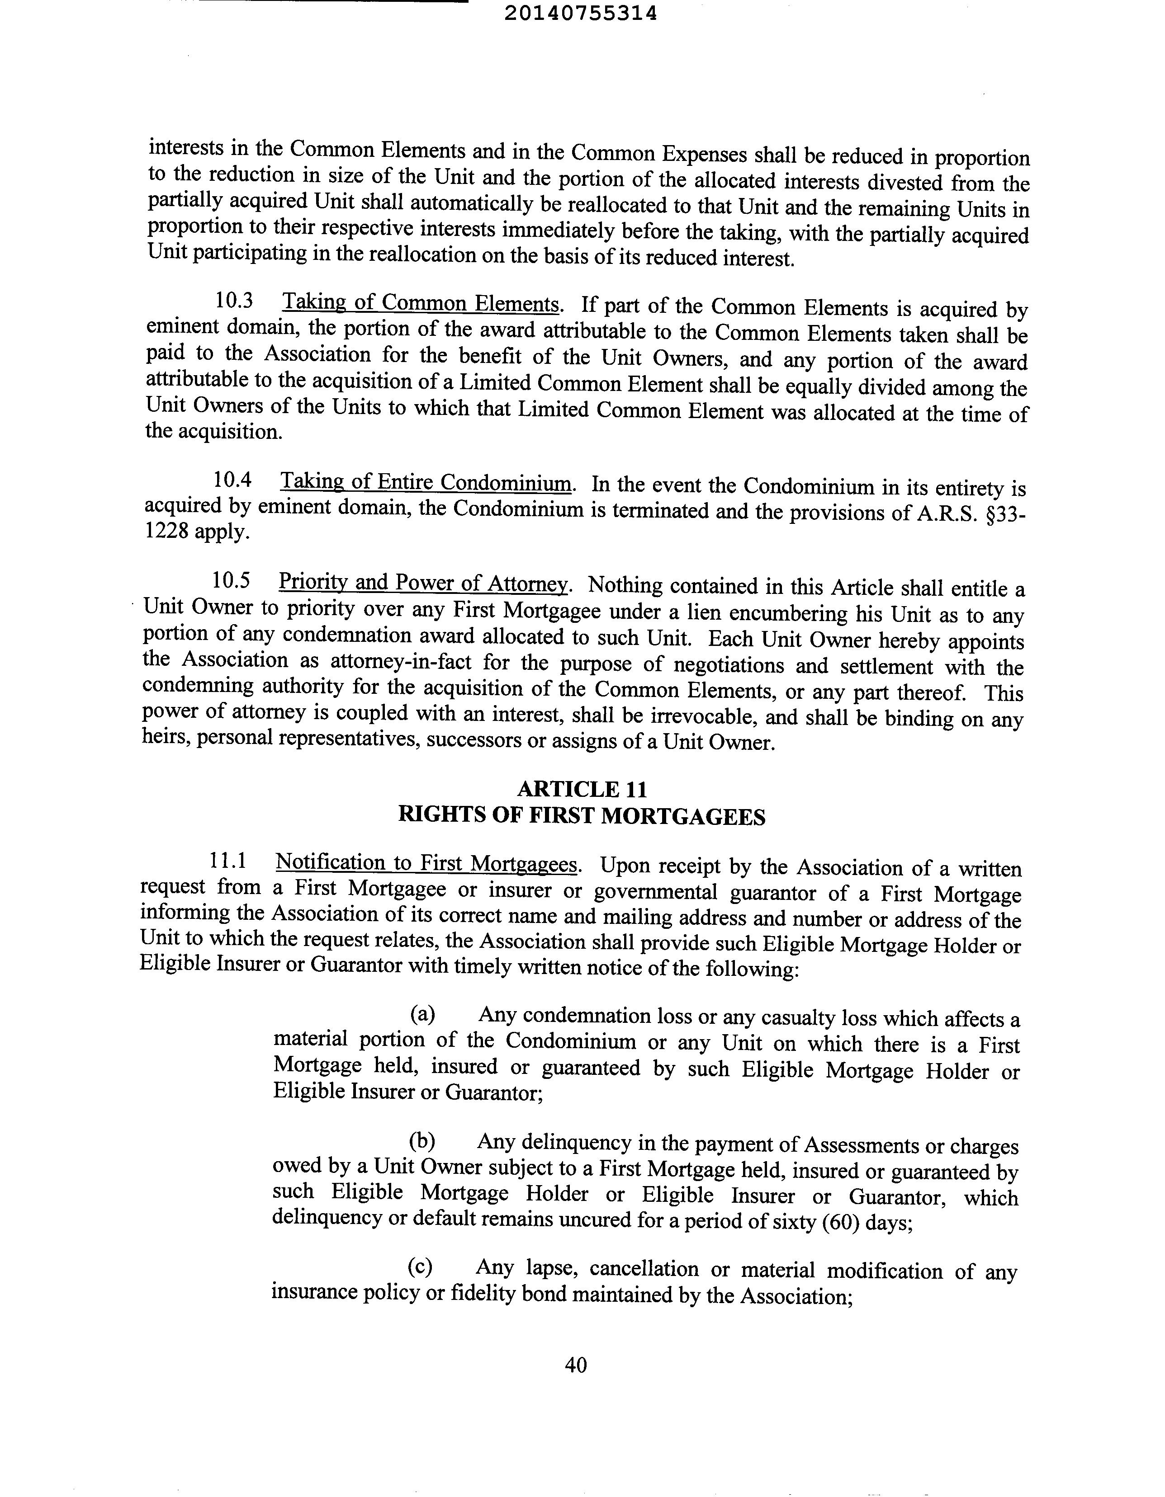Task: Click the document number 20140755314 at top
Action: (x=580, y=13)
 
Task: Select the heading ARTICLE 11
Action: (x=582, y=790)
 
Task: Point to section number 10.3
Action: (x=234, y=300)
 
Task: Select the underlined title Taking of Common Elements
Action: (x=421, y=303)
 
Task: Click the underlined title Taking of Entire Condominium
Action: (x=426, y=483)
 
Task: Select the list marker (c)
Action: (x=420, y=1267)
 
